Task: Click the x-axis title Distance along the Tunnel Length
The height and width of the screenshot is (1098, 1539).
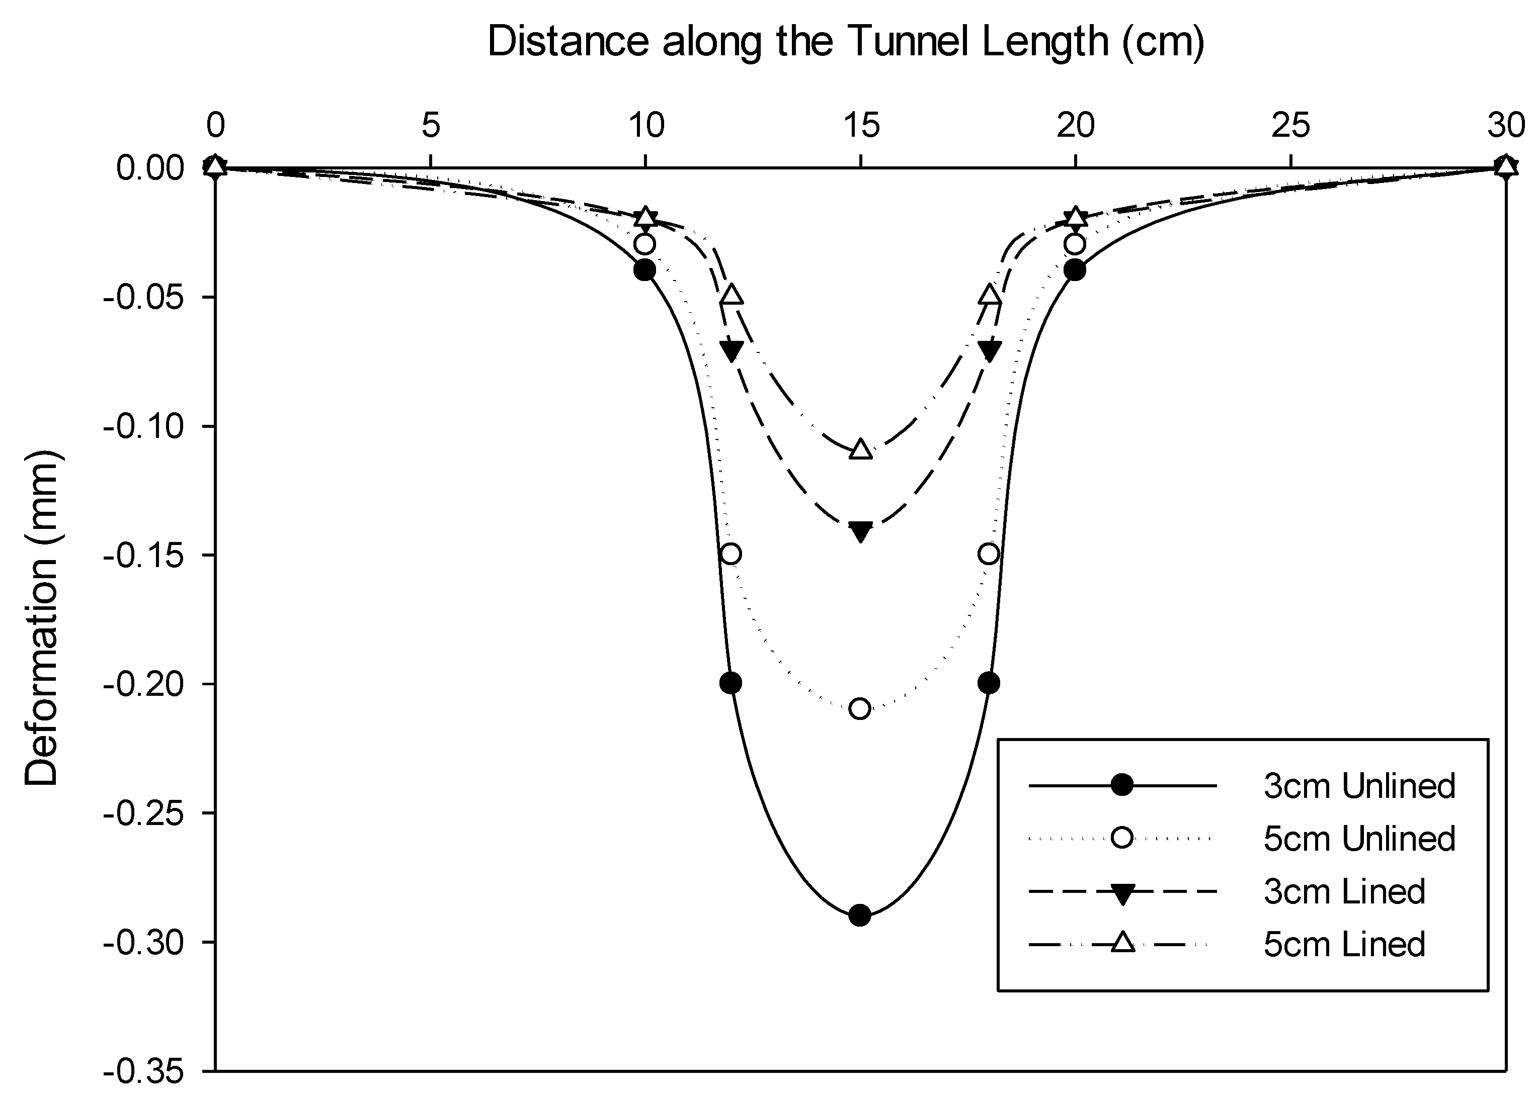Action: point(846,42)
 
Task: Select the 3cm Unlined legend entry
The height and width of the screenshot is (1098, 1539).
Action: point(1358,786)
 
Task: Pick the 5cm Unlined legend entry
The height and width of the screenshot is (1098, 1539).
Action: point(1358,839)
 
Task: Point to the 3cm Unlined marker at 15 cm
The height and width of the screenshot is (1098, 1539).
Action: point(860,916)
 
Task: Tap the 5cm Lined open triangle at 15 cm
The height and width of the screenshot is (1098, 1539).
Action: point(860,449)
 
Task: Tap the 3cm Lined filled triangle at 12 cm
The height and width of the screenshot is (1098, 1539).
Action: point(731,349)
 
